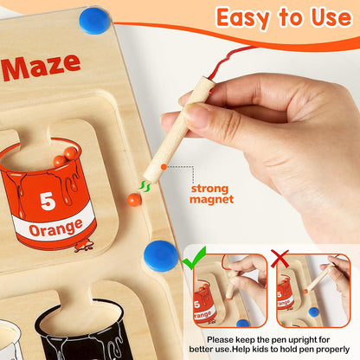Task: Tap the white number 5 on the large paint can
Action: pos(48,201)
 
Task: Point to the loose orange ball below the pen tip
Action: pos(134,199)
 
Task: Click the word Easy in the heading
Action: pos(247,17)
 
